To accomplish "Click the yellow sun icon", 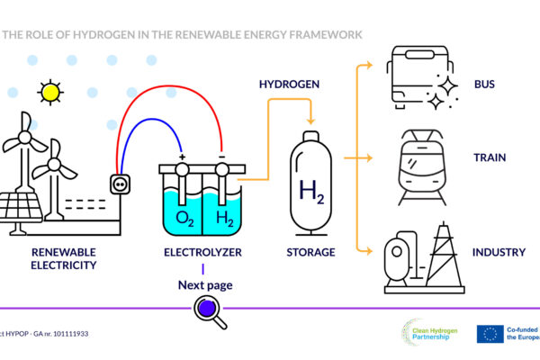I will coord(50,92).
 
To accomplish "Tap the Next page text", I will coord(205,285).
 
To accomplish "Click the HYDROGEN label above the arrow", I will coord(288,85).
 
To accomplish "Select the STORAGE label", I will coord(310,253).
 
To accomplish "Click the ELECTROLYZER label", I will coord(202,253).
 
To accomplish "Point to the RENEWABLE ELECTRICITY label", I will coord(64,258).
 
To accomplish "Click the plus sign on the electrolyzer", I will coord(183,157).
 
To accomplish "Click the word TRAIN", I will coord(490,157).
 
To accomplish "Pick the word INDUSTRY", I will coord(498,253).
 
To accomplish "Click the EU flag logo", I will coord(490,334).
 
